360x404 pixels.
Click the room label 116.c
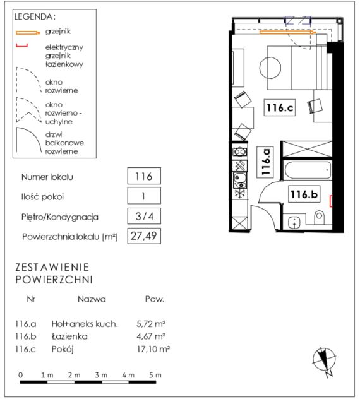(x=280, y=108)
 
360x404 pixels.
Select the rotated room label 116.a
(x=266, y=162)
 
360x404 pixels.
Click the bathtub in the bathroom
(x=308, y=170)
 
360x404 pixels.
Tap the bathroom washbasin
(x=294, y=223)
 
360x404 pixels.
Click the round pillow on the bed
(x=271, y=68)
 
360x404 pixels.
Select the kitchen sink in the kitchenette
(x=241, y=181)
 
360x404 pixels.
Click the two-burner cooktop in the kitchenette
(x=241, y=152)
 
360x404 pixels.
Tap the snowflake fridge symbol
(x=241, y=194)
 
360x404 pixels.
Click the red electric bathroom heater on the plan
(x=332, y=201)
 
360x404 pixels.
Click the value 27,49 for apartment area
(x=145, y=236)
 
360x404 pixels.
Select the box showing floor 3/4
(x=145, y=217)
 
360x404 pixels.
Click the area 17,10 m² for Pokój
(x=153, y=350)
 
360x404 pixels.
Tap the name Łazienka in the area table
(x=69, y=337)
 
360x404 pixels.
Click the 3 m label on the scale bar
(x=101, y=376)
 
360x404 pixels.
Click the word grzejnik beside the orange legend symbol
(x=58, y=32)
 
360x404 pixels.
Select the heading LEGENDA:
(x=35, y=17)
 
